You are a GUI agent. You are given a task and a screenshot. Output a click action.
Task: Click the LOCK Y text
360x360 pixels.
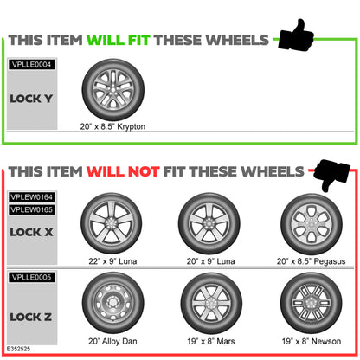tap(31, 99)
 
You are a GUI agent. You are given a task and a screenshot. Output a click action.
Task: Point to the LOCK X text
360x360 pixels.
tap(31, 232)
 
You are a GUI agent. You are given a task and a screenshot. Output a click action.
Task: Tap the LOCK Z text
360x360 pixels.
tap(31, 318)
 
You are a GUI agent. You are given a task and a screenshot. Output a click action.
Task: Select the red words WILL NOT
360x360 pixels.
tap(132, 170)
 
